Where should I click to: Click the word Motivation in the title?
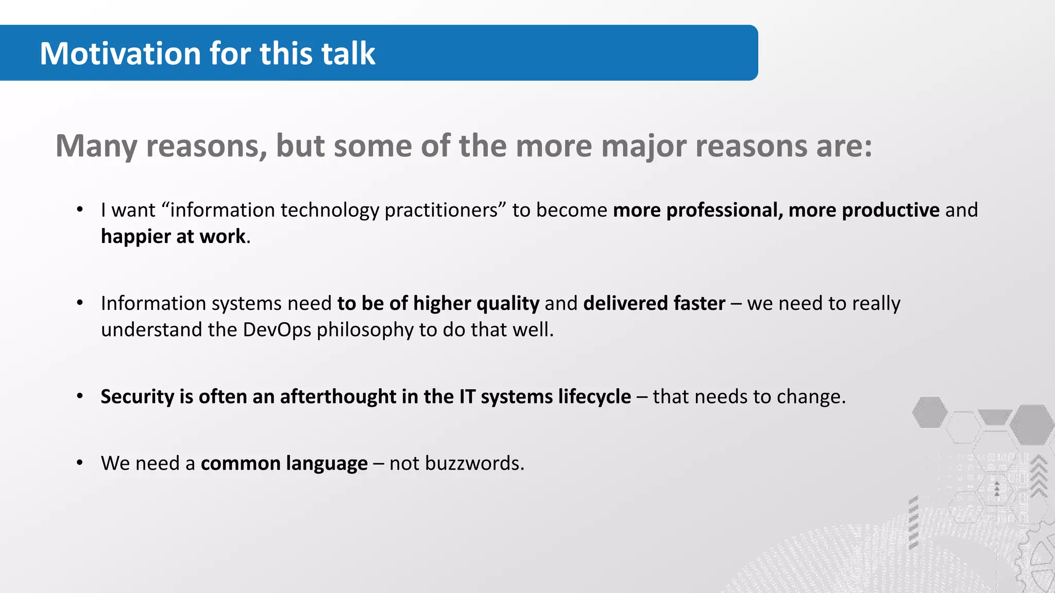pyautogui.click(x=120, y=54)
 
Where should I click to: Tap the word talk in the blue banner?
pyautogui.click(x=348, y=54)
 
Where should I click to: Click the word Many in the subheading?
pyautogui.click(x=96, y=146)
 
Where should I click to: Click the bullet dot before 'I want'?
pyautogui.click(x=80, y=210)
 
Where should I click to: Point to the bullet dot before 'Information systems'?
pyautogui.click(x=80, y=303)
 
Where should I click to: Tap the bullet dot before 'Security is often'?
pyautogui.click(x=80, y=396)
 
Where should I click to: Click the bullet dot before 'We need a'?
pyautogui.click(x=80, y=463)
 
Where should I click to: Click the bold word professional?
pyautogui.click(x=724, y=210)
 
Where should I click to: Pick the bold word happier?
pyautogui.click(x=135, y=236)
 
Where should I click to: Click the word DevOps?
pyautogui.click(x=277, y=329)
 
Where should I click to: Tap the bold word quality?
pyautogui.click(x=507, y=303)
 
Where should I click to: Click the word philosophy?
pyautogui.click(x=365, y=330)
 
